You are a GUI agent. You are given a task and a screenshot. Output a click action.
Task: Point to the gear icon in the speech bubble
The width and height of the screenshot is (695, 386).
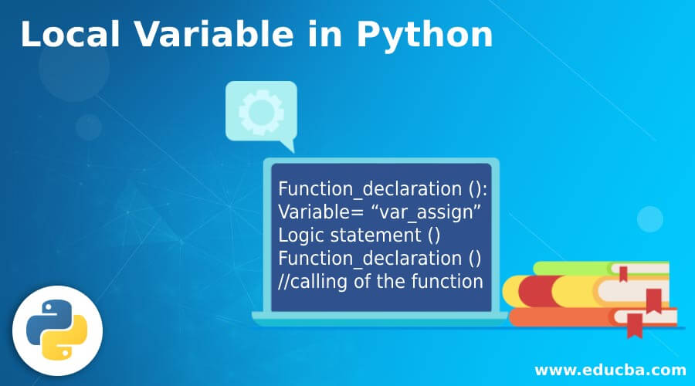pos(260,113)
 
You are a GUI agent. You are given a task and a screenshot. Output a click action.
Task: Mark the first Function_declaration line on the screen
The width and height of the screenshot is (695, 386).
pos(380,189)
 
